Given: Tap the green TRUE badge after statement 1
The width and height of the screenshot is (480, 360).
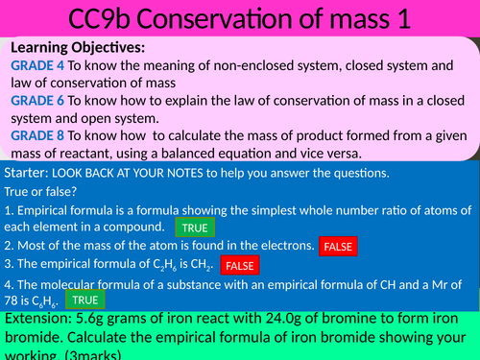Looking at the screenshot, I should coord(194,228).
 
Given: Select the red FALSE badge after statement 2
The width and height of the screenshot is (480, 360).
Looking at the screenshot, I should coord(339,247).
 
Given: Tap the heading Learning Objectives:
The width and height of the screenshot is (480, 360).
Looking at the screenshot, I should coord(80,47).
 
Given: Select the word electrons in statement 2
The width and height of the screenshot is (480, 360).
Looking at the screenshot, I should coord(282,246).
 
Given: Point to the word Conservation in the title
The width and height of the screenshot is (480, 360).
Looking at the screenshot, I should coord(210,19).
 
